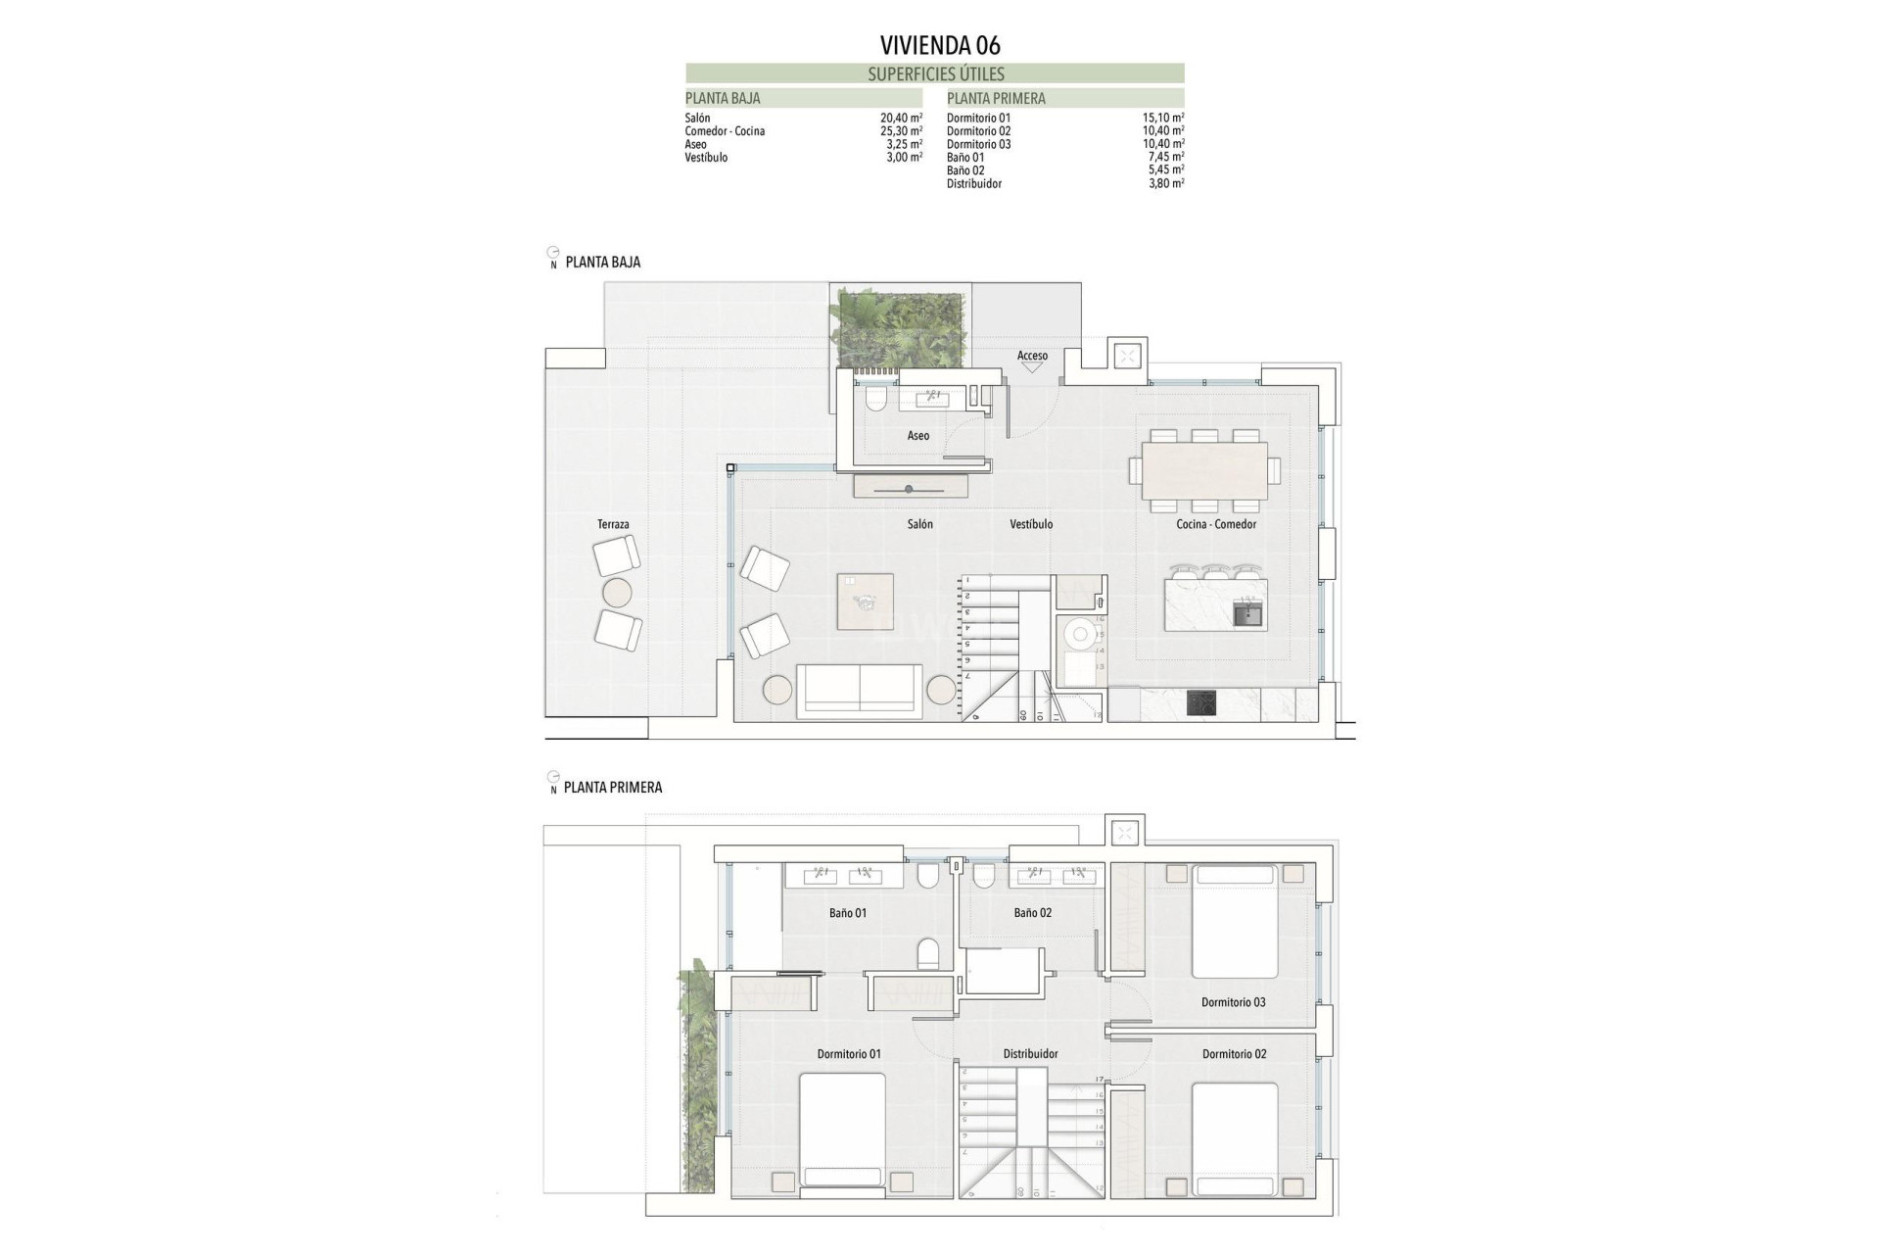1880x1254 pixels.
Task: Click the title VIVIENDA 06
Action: (940, 45)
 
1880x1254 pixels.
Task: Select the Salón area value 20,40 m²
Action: (901, 118)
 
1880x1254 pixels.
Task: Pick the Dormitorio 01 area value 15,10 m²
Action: (1163, 118)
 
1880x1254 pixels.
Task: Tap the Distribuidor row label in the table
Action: (973, 184)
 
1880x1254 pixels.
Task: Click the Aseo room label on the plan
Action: (917, 436)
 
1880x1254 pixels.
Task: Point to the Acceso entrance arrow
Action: (1032, 366)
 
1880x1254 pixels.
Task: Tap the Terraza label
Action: (613, 525)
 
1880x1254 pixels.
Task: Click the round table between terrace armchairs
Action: (617, 593)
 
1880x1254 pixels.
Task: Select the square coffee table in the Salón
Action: (865, 602)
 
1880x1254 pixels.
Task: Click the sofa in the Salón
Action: (859, 691)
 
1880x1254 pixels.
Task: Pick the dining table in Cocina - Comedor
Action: (1204, 470)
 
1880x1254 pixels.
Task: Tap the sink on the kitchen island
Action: (1247, 615)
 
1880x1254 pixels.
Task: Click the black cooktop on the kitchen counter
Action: (1201, 703)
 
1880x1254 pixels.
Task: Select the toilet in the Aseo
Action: (875, 398)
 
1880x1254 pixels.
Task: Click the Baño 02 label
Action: (1032, 913)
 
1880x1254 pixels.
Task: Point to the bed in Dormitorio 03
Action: (1234, 921)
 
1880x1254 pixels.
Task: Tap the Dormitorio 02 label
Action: (1234, 1054)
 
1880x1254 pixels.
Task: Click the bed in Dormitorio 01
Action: (842, 1132)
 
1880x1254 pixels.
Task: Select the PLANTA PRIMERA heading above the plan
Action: (613, 788)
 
